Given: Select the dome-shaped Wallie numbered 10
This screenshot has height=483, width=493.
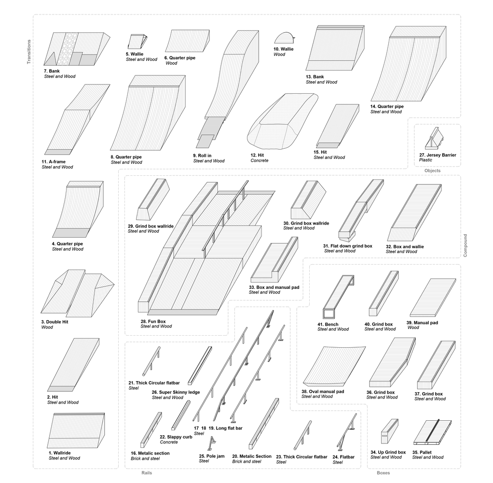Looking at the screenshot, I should [285, 38].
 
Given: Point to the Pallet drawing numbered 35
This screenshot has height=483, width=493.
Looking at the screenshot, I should [433, 431].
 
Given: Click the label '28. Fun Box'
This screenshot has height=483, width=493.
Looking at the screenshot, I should [156, 321].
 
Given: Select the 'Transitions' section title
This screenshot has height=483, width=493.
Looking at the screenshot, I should [29, 52].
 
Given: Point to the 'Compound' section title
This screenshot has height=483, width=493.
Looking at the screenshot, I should [465, 245].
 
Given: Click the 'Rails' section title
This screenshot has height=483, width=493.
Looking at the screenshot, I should [147, 473].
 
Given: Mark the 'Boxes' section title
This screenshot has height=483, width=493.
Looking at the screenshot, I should [383, 473].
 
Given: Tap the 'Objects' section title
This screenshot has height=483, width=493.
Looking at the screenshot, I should [432, 170].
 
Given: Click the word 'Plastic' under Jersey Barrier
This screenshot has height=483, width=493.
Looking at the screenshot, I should [426, 160].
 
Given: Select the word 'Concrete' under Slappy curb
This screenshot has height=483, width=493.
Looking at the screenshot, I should [169, 442].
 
